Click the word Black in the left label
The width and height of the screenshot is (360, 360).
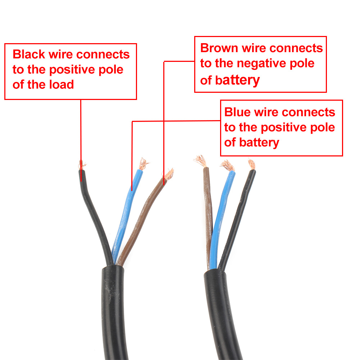coord(29,54)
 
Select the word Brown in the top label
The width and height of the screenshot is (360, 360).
coord(219,48)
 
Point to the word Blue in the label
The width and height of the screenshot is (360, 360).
coord(237,112)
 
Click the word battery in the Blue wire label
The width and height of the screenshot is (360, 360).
coord(259,143)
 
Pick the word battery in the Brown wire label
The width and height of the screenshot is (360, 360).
coord(237,81)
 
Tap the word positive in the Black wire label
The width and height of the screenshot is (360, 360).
coord(72,70)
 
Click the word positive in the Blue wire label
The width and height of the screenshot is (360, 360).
coord(283,128)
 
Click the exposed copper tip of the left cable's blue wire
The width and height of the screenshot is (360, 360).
coord(144,164)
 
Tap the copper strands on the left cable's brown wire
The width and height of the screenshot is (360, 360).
coord(169,174)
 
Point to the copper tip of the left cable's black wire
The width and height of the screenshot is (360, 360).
coord(82,165)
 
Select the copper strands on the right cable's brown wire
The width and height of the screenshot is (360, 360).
coord(201,161)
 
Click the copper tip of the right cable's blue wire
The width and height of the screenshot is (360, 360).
coord(228,165)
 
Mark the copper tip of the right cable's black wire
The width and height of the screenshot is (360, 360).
coord(252,164)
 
